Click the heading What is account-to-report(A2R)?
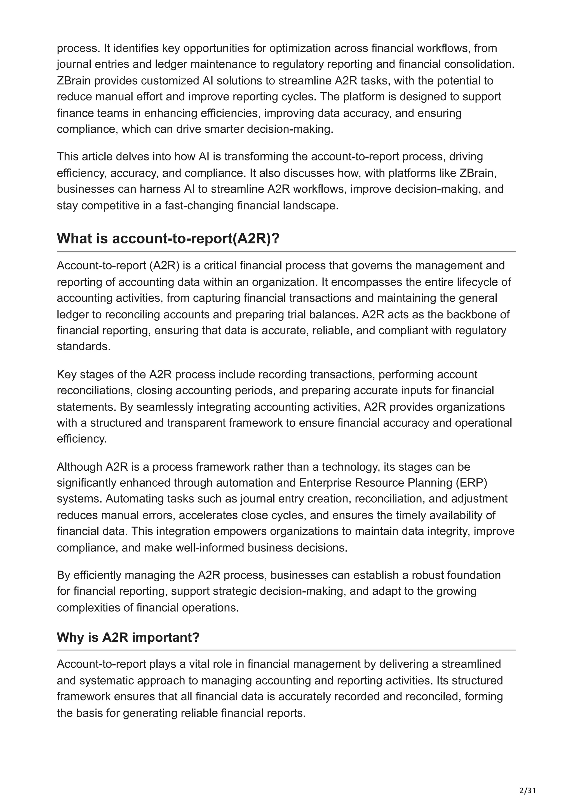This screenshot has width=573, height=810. click(x=168, y=239)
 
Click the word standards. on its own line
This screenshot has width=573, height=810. click(x=84, y=346)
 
